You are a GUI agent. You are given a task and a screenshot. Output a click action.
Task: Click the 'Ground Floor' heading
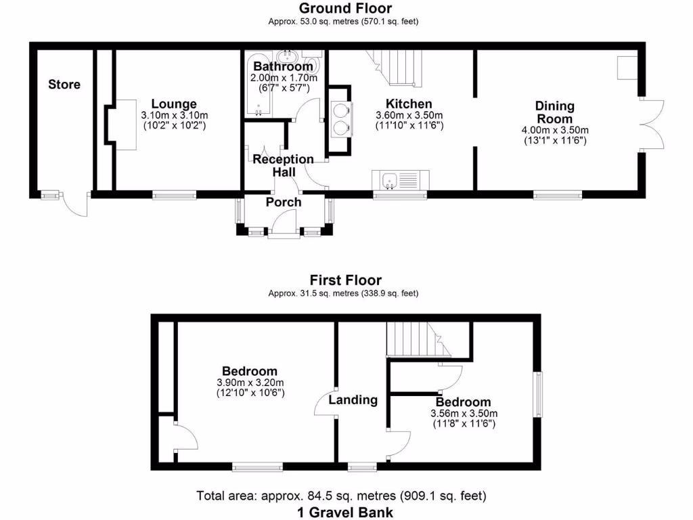pyautogui.click(x=345, y=9)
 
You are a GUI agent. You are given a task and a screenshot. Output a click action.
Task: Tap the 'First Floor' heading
pyautogui.click(x=345, y=280)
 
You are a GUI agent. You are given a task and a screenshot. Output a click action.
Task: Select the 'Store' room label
pyautogui.click(x=64, y=85)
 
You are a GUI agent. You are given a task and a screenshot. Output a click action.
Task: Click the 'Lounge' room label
pyautogui.click(x=174, y=104)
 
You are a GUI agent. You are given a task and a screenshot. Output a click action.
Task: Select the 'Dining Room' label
pyautogui.click(x=554, y=112)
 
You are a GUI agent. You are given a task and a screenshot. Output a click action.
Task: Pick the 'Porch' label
pyautogui.click(x=284, y=202)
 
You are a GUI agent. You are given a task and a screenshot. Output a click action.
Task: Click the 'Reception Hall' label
pyautogui.click(x=284, y=166)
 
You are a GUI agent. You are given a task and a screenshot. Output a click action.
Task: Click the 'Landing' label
pyautogui.click(x=353, y=400)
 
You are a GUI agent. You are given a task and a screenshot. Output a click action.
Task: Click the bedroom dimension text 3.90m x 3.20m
pyautogui.click(x=250, y=387)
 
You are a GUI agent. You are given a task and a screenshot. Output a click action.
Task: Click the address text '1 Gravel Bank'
pyautogui.click(x=345, y=512)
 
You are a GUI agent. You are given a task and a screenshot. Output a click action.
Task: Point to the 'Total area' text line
pyautogui.click(x=341, y=496)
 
